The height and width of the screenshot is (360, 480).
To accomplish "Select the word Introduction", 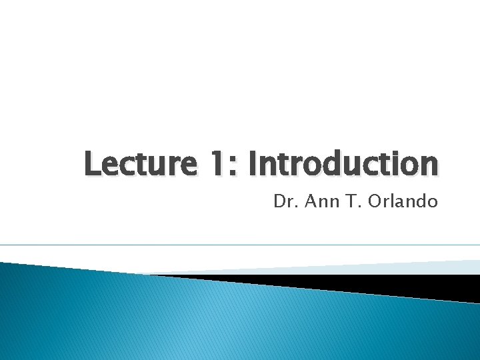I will [343, 164].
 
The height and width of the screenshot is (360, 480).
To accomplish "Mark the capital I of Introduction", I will [253, 164].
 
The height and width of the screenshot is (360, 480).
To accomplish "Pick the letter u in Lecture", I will [158, 167].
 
